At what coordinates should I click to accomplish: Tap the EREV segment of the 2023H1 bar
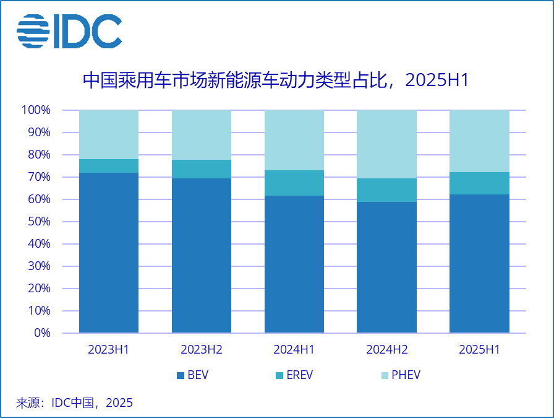[109, 166]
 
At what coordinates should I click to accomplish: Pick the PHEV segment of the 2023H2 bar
[202, 135]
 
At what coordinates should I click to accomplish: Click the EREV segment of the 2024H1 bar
[294, 183]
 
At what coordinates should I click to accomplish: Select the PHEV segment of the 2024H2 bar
[386, 144]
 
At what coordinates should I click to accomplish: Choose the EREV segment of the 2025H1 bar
[479, 183]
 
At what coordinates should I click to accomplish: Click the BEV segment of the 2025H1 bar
[479, 264]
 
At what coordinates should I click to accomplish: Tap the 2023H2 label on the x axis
[202, 350]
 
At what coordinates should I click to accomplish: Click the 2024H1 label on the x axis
[294, 350]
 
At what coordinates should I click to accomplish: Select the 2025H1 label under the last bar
[479, 350]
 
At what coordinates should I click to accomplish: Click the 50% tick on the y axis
[38, 222]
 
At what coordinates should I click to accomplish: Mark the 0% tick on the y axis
[42, 333]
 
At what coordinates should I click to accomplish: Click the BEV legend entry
[193, 375]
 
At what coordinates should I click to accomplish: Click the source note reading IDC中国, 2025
[74, 403]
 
